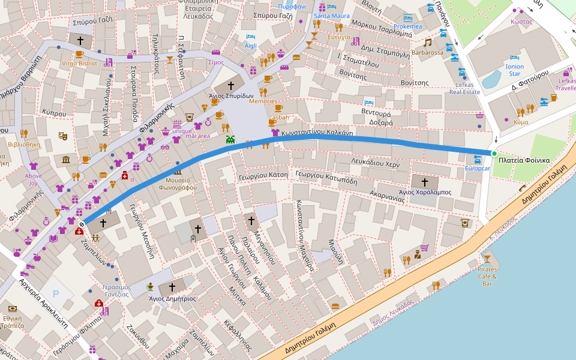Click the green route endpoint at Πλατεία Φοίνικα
click(494, 154)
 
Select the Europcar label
click(478, 169)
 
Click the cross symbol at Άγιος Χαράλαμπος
click(425, 181)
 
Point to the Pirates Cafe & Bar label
click(487, 276)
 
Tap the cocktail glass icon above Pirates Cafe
click(487, 259)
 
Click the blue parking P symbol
click(56, 293)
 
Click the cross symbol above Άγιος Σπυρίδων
click(230, 86)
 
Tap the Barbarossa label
click(427, 53)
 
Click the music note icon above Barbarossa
click(427, 43)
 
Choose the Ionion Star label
click(515, 70)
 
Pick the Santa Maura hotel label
click(331, 16)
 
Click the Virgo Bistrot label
click(79, 63)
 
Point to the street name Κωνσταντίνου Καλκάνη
click(316, 134)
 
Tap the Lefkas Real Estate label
click(464, 88)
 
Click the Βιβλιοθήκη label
click(24, 144)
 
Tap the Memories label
click(263, 101)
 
